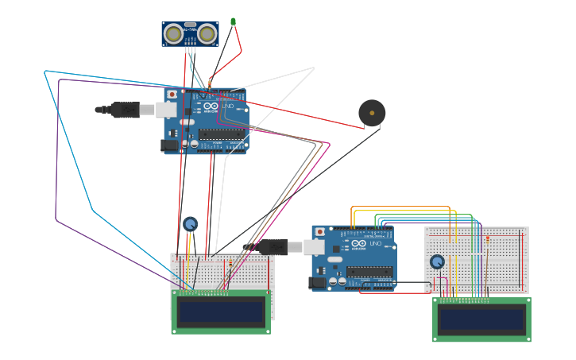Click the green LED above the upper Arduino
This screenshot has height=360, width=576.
pos(233,21)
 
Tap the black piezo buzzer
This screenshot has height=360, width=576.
pos(371,113)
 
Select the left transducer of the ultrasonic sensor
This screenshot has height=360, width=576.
pos(173,33)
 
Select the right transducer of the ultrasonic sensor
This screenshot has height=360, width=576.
pos(207,33)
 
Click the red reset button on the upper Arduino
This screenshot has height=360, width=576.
pos(172,95)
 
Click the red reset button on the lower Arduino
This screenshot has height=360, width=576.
pos(320,232)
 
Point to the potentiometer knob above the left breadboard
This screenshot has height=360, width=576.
pos(190,224)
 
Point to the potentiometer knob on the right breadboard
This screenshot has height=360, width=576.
pos(437,261)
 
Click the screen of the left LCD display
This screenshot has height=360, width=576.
pos(221,312)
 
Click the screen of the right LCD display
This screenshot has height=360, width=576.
pos(481,319)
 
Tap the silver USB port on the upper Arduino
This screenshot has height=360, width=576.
pos(167,109)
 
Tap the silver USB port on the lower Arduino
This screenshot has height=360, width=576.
pos(315,247)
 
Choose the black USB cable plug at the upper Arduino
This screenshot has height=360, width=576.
pos(126,110)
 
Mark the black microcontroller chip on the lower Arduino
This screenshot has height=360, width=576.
pos(369,272)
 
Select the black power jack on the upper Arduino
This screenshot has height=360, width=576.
pos(169,145)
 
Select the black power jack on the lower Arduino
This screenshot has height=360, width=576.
pos(317,282)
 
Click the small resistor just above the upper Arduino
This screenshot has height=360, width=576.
pos(209,83)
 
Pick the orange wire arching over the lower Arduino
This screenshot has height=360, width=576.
pos(401,207)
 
